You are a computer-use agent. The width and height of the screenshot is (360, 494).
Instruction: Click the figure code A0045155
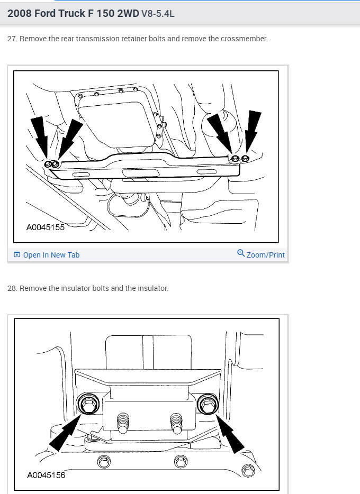46,227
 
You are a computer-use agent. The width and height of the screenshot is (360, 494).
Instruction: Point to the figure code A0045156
46,475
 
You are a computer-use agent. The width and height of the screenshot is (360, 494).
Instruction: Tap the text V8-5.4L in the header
158,14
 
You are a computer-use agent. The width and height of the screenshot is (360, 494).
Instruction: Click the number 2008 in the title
19,13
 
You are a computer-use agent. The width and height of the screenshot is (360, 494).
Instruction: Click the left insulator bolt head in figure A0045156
88,404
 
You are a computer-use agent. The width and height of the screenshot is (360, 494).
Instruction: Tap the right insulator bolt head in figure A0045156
208,404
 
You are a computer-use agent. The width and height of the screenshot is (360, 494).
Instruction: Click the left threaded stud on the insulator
123,423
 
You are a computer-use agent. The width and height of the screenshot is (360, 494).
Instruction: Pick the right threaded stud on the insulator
176,423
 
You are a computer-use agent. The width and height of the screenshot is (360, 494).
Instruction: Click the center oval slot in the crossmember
140,173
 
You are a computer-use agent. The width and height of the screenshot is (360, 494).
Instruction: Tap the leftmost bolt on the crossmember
48,164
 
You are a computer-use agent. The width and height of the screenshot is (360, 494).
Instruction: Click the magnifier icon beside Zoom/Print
241,253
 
